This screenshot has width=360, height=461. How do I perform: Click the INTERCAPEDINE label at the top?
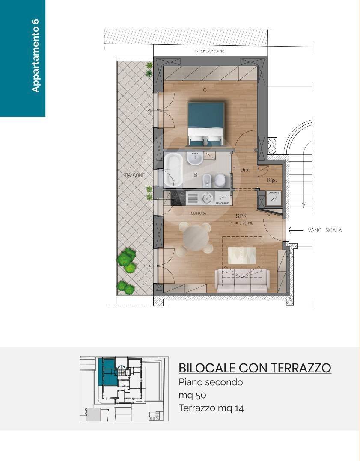[209, 51]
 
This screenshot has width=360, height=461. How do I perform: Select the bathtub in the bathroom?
[173, 170]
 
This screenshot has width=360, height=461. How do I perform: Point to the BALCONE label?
[135, 175]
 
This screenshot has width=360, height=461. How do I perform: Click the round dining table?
[195, 238]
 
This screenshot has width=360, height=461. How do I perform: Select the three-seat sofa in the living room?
[243, 281]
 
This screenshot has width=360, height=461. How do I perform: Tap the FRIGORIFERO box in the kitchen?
[223, 198]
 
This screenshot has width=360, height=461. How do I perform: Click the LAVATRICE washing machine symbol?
[274, 198]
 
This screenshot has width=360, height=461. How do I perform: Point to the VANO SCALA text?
[324, 230]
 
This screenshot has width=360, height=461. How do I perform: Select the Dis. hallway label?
[244, 170]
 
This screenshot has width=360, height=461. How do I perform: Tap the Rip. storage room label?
[271, 180]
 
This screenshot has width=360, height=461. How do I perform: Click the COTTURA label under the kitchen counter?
[198, 213]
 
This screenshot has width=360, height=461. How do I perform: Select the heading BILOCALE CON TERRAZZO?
[254, 368]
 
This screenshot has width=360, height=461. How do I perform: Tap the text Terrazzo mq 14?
[211, 408]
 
